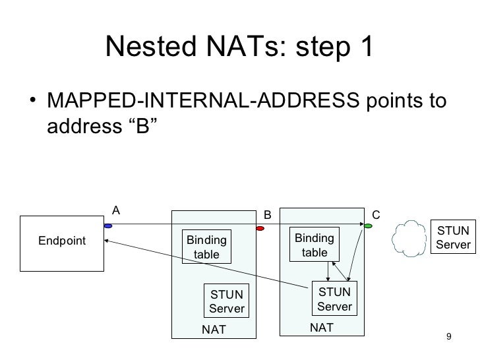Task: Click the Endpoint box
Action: [61, 242]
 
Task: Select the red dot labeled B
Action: [260, 229]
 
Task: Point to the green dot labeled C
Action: [368, 225]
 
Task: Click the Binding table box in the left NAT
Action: [207, 247]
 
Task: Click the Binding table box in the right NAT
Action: [314, 245]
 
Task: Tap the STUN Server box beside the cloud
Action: [452, 238]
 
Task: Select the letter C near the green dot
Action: [376, 214]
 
